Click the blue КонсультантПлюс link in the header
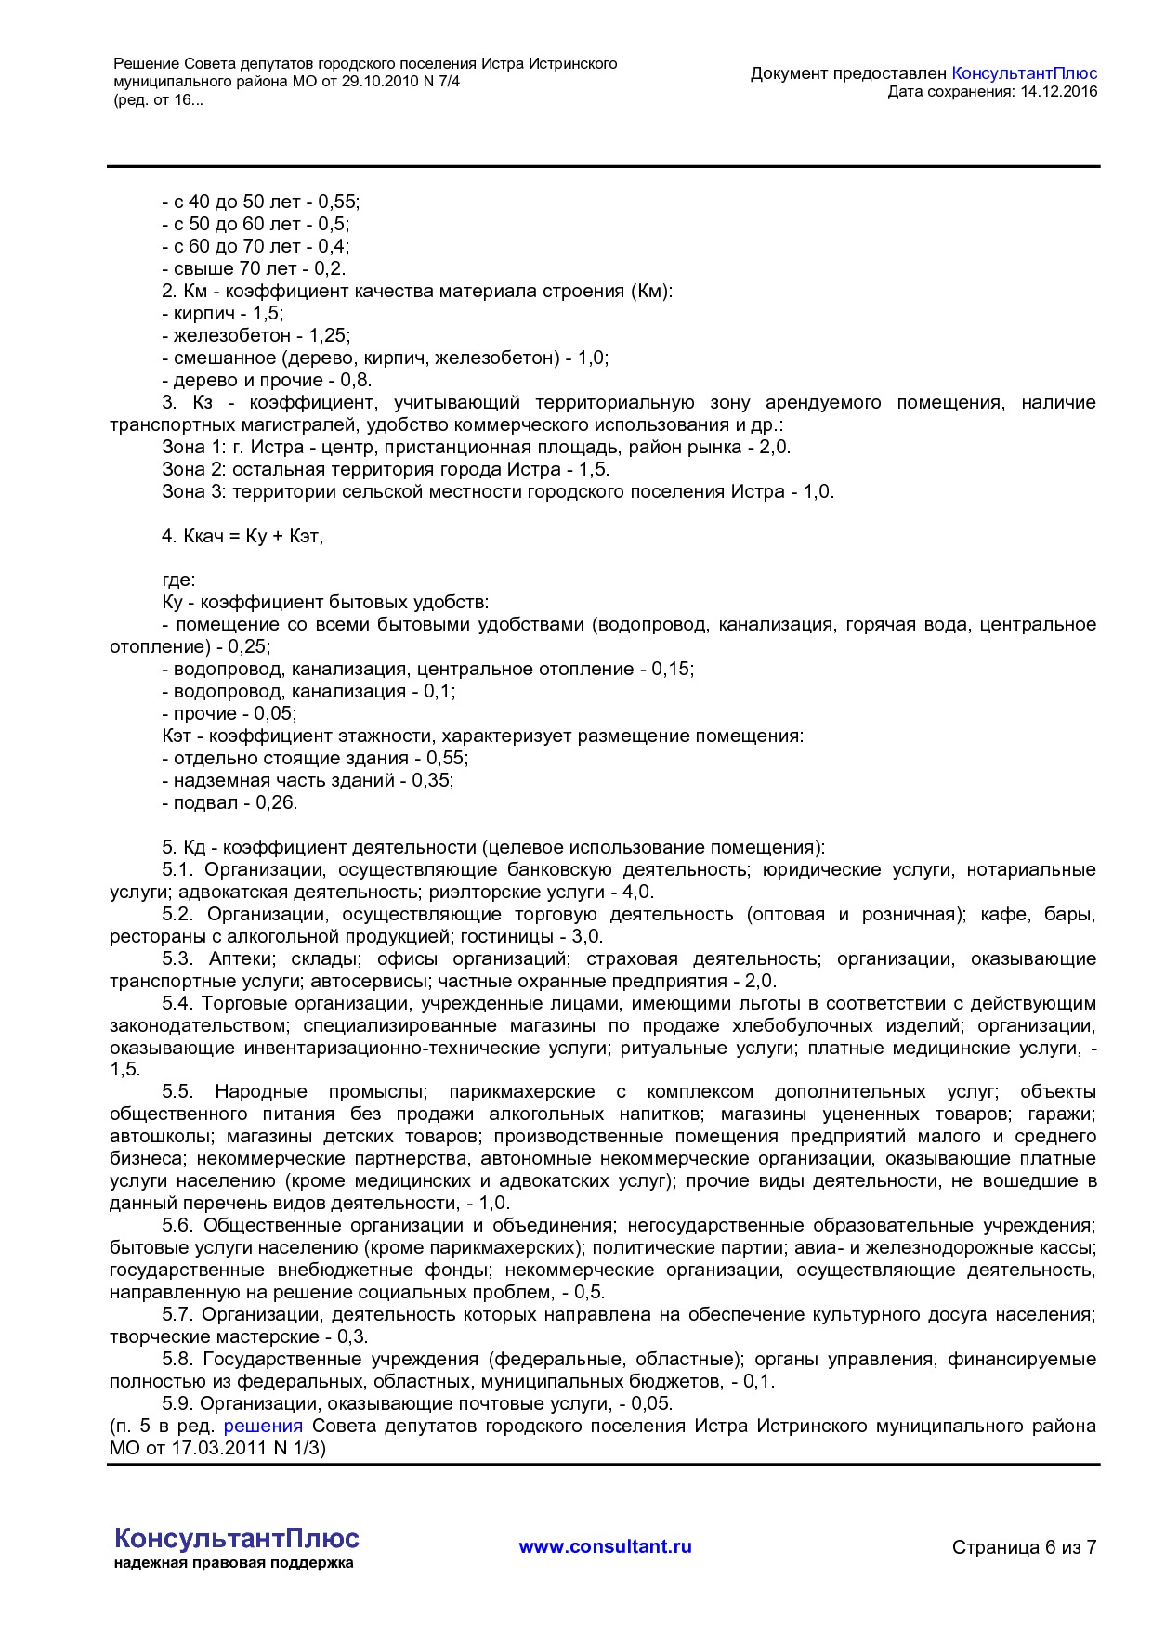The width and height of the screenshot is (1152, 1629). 1024,73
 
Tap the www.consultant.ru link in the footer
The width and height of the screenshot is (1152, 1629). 605,1546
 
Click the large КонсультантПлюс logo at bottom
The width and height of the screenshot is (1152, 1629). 236,1538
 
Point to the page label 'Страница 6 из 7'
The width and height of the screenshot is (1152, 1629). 1024,1547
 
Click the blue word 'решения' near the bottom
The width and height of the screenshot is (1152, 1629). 263,1426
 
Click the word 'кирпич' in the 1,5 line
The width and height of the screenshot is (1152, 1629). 204,313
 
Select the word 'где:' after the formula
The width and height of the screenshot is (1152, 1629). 178,580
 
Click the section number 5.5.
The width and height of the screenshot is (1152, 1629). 177,1091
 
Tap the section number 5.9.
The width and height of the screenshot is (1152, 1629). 177,1403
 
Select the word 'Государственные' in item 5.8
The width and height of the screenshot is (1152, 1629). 280,1359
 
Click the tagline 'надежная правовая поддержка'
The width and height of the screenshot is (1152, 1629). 234,1563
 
